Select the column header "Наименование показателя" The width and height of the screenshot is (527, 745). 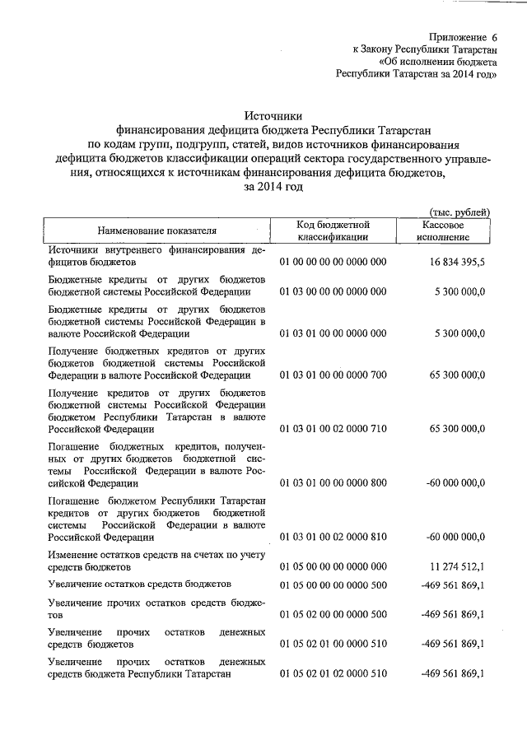click(156, 230)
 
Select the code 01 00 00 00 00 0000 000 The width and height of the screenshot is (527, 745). click(333, 262)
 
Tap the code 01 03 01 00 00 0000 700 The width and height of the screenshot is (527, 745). click(333, 375)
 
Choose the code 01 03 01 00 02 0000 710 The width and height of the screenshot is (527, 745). click(333, 429)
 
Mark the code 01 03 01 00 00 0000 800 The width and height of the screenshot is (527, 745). click(333, 483)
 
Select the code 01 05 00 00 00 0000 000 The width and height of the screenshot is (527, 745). click(333, 567)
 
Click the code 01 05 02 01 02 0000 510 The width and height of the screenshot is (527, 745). click(333, 673)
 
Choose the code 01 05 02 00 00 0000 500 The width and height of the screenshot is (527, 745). click(333, 614)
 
